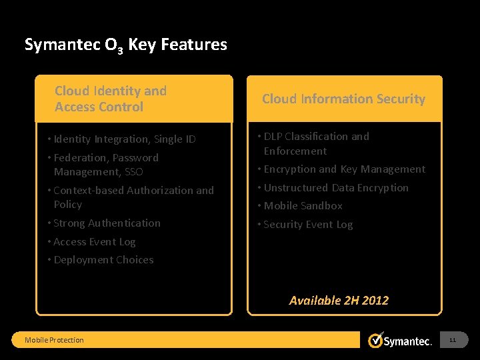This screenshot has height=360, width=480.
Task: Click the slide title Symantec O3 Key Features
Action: [125, 45]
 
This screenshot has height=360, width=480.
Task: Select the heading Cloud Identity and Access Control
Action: [111, 99]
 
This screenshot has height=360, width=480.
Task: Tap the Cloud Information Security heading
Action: [343, 99]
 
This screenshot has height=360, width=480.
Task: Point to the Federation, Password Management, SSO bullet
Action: [106, 165]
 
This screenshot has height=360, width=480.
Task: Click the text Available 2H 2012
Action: [339, 300]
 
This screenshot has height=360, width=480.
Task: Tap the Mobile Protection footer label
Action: [54, 340]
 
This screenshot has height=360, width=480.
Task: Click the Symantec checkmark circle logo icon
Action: [376, 339]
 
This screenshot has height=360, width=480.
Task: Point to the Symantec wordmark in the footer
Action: [409, 341]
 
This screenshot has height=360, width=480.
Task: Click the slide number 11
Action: [453, 340]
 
